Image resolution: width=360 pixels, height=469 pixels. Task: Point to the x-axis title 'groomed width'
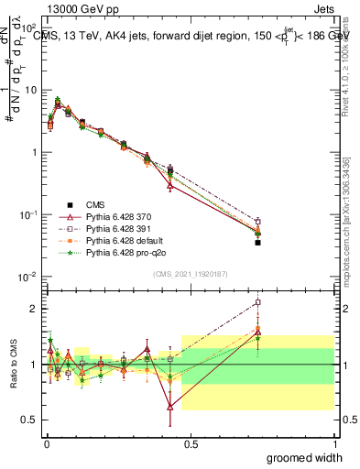[x=312, y=455]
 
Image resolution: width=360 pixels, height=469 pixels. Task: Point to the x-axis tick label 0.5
[x=190, y=443]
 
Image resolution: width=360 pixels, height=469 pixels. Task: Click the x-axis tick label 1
[x=334, y=443]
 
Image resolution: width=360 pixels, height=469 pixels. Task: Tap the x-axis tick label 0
[x=45, y=443]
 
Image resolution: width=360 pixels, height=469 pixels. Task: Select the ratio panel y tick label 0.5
[x=30, y=420]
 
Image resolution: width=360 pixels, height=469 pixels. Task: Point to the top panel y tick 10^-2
[x=28, y=277]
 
